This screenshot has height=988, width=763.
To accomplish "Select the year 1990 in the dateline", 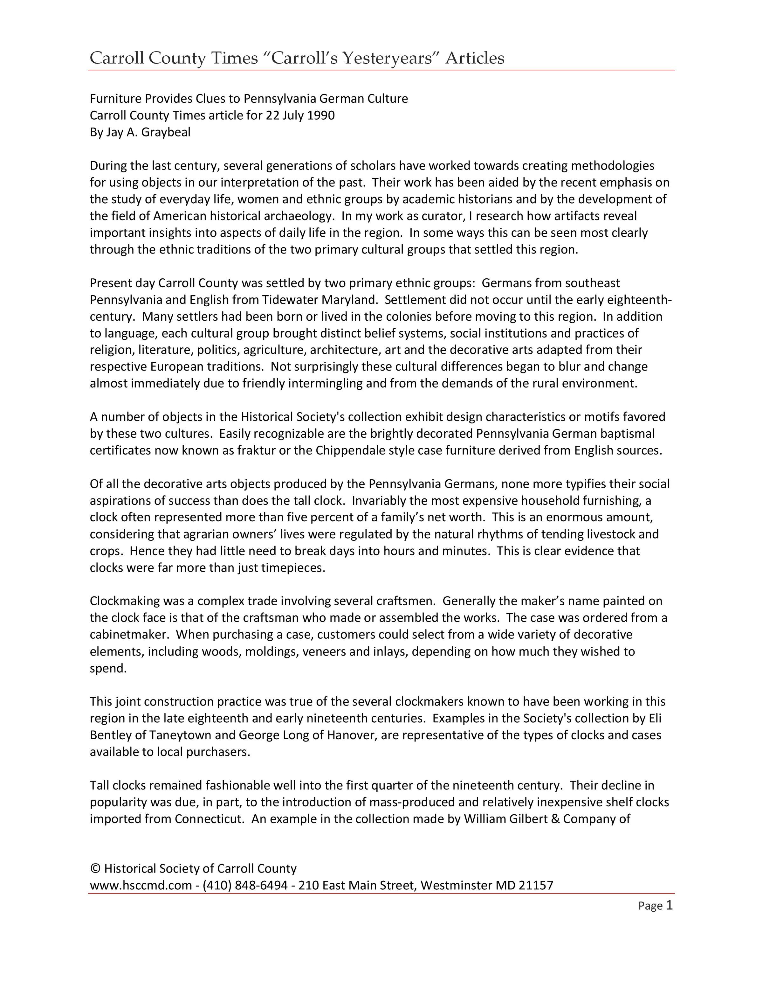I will (x=321, y=115).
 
